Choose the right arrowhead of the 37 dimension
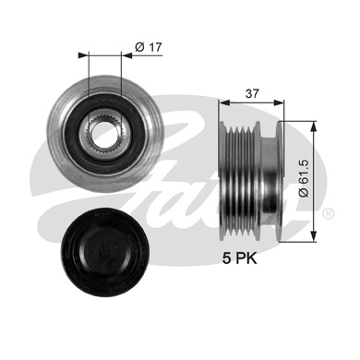click(x=278, y=104)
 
